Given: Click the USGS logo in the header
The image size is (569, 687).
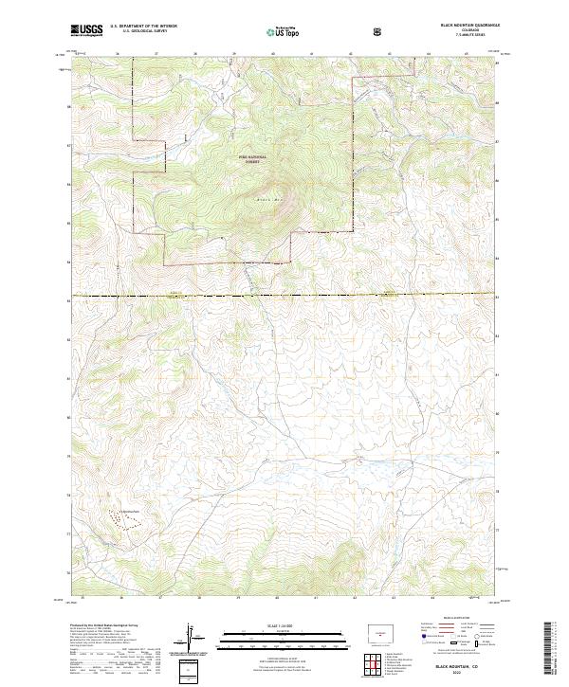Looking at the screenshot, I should [86, 30].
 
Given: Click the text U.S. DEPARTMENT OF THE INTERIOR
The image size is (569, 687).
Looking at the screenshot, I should [143, 27].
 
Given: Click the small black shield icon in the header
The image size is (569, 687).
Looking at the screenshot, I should [377, 31].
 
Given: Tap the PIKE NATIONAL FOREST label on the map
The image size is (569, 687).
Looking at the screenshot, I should [252, 159].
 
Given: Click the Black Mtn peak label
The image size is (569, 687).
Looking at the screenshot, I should [269, 199].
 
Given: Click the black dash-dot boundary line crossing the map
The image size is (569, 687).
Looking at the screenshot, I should [284, 297].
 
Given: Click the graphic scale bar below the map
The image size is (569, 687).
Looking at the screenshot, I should [284, 633].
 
